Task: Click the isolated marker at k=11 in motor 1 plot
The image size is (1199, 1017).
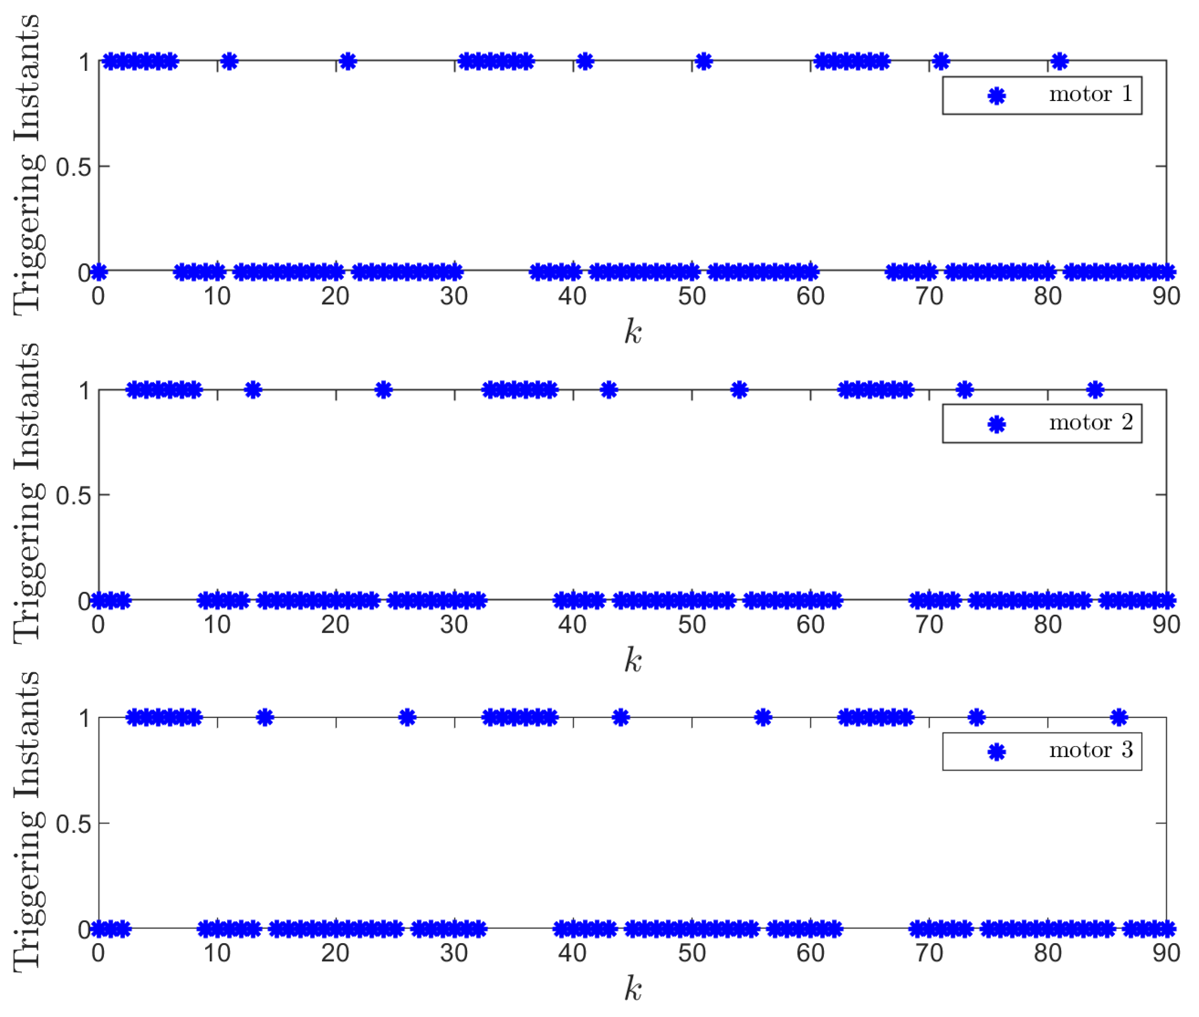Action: pos(229,61)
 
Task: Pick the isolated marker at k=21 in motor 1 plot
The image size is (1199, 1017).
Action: pos(348,61)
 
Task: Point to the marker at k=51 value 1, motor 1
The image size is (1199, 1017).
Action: pos(703,61)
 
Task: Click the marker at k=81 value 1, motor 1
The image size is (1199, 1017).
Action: pos(1059,61)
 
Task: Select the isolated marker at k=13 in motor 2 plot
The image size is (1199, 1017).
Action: pos(253,390)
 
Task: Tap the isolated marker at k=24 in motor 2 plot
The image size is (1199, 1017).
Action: pos(383,390)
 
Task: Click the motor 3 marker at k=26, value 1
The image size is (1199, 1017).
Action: pos(407,718)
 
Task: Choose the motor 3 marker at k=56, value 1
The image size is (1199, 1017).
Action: pos(763,718)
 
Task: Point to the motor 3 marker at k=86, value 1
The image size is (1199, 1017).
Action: pos(1119,718)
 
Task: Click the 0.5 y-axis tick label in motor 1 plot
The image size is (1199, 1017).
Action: pos(73,167)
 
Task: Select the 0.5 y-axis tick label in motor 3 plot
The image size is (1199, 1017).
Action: pos(73,824)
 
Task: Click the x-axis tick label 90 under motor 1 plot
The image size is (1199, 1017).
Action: pos(1166,296)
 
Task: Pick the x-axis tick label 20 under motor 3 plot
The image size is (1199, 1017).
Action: pos(336,953)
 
